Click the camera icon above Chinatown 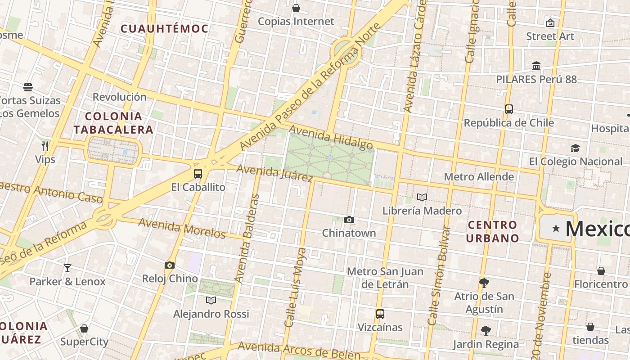(349, 220)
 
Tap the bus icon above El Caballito (198, 174)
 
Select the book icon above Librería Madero (422, 198)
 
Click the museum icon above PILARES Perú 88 (536, 66)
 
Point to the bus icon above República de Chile (508, 109)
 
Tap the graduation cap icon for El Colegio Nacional (575, 148)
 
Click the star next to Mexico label (556, 229)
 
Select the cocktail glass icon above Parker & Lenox (67, 268)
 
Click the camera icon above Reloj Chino (170, 265)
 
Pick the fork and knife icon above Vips (45, 146)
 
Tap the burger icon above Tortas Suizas (28, 87)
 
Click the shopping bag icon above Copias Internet (296, 8)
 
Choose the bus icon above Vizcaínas (380, 314)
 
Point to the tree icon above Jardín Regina (486, 331)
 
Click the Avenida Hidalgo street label (331, 137)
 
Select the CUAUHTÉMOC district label (164, 29)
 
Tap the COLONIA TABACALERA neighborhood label (113, 123)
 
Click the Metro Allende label (479, 176)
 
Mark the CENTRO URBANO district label (492, 231)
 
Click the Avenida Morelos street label (182, 228)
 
